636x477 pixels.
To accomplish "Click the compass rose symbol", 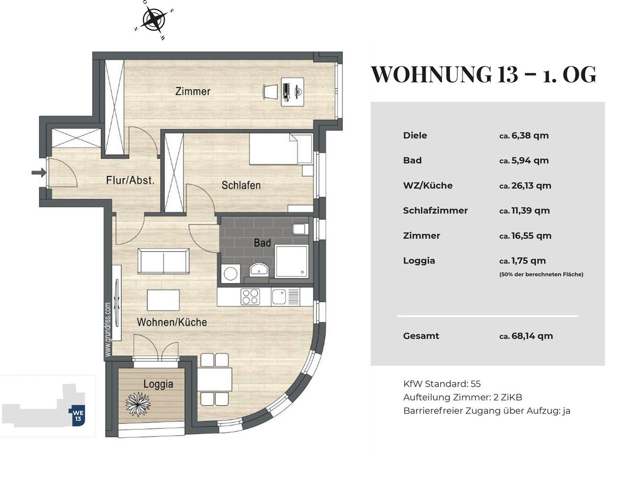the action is tap(154, 20).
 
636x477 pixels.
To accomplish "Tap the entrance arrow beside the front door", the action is tap(39, 173).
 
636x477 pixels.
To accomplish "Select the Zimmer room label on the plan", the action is tap(193, 92).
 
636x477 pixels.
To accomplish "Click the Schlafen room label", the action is tap(241, 185).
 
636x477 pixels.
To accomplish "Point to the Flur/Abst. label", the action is tap(130, 180).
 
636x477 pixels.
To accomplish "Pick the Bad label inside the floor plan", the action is tap(262, 243).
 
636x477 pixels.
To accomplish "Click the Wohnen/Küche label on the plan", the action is tap(172, 322).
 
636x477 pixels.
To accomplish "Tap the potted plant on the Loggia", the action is tap(138, 404).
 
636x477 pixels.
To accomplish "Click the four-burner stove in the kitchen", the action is tap(250, 297).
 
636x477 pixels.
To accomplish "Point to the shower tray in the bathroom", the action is tap(291, 261).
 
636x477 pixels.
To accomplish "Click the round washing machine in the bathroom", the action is tap(231, 273).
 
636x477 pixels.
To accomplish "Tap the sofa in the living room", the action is tap(163, 261).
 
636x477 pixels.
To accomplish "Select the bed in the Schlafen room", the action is tap(280, 149).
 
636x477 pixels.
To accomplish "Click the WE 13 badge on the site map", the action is tap(77, 416).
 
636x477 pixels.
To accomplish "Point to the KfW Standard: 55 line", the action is tap(442, 384).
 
